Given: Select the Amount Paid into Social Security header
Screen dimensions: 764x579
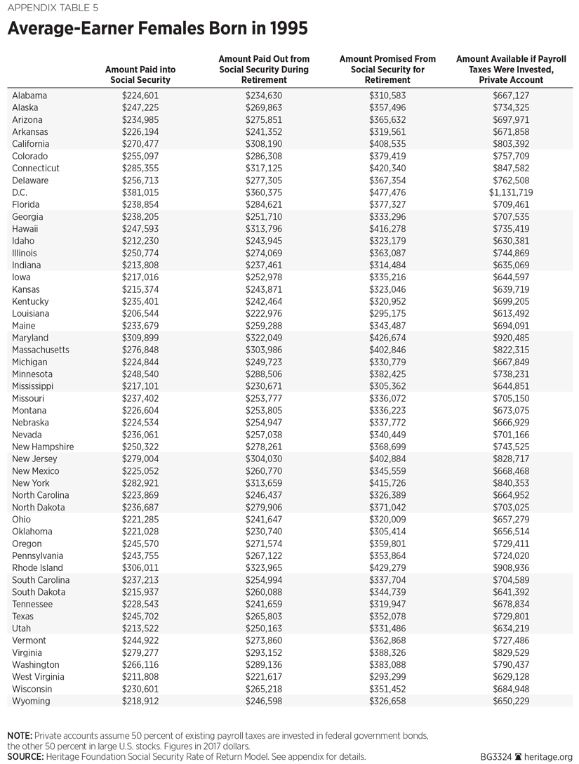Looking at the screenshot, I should coord(140,75).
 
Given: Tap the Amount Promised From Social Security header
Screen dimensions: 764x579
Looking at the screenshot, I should coord(387,70).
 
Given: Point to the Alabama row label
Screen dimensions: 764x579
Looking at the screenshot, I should coord(29,95).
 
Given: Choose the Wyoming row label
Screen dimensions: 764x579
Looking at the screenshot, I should coord(32,701).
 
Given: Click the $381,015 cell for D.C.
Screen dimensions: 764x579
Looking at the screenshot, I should coord(140,192).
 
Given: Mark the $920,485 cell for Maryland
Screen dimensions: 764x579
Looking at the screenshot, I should coord(511,338).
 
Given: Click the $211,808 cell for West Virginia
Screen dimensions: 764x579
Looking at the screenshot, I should coord(140,677).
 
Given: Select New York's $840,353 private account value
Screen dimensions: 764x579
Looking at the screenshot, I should coord(511,483).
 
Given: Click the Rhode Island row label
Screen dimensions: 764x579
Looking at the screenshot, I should coord(38,568).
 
